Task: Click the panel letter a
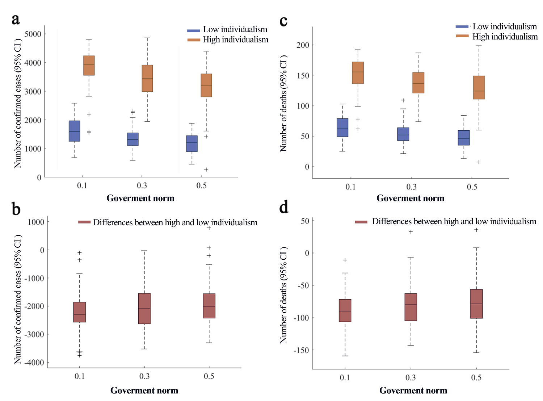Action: pos(16,20)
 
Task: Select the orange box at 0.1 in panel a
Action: pos(89,66)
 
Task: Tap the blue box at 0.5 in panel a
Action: pos(192,143)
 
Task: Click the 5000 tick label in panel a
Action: pos(33,34)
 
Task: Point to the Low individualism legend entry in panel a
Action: pos(235,29)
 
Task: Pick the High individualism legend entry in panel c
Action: pos(505,37)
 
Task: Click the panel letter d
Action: pos(284,208)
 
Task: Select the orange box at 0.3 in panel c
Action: pos(418,83)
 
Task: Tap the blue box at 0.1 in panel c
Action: pos(342,128)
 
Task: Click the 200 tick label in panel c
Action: pos(303,45)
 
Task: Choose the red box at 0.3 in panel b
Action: pos(144,309)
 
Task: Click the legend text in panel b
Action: pos(175,222)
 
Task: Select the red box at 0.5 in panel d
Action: pos(476,304)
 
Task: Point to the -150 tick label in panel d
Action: pos(301,350)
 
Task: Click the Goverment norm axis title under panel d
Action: pos(413,390)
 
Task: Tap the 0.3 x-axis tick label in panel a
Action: pos(142,185)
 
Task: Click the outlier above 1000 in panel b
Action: pos(209,228)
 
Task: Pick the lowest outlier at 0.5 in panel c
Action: pos(479,162)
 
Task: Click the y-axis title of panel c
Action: pos(283,103)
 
